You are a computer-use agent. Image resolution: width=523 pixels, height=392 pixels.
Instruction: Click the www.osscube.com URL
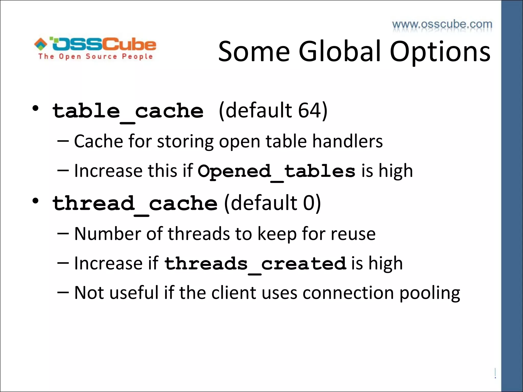pyautogui.click(x=442, y=24)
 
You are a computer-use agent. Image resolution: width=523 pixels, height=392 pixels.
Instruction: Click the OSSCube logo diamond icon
pyautogui.click(x=41, y=44)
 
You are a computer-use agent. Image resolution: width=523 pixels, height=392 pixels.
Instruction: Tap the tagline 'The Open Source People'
pyautogui.click(x=96, y=56)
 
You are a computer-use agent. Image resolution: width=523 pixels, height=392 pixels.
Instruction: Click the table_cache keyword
pyautogui.click(x=128, y=111)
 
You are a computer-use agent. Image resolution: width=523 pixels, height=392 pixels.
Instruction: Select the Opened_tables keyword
pyautogui.click(x=276, y=171)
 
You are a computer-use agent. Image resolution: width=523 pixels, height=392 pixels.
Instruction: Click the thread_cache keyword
pyautogui.click(x=135, y=204)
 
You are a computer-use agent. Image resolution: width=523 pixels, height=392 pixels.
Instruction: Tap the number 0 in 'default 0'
pyautogui.click(x=308, y=203)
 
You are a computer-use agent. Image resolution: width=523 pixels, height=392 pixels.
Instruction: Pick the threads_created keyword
pyautogui.click(x=255, y=264)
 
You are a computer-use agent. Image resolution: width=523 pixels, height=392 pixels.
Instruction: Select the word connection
pyautogui.click(x=348, y=293)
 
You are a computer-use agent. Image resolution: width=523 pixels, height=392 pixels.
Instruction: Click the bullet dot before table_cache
pyautogui.click(x=35, y=108)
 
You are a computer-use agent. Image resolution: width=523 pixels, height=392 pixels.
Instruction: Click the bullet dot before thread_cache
pyautogui.click(x=35, y=201)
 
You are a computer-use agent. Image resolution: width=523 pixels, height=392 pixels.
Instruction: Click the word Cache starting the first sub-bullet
pyautogui.click(x=99, y=141)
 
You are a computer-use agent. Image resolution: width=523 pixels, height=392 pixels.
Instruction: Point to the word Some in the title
pyautogui.click(x=254, y=52)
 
